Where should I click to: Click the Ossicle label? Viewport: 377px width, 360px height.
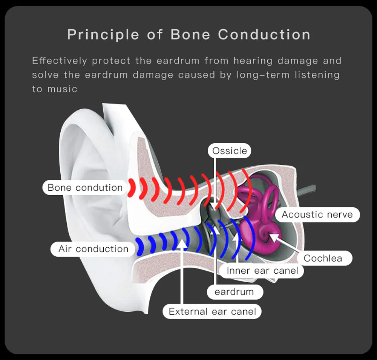click(x=230, y=151)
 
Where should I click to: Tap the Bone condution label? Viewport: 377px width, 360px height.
click(x=85, y=188)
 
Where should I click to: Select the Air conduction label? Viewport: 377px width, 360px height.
click(x=93, y=249)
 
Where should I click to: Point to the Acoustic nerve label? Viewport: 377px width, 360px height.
click(x=317, y=215)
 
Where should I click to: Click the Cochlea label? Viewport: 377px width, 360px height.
click(x=323, y=258)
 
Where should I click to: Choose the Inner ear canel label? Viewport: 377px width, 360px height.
click(x=262, y=270)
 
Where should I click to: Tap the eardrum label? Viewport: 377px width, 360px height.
click(x=234, y=292)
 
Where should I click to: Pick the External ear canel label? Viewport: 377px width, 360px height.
click(x=212, y=312)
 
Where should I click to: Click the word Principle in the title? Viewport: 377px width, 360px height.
click(x=103, y=35)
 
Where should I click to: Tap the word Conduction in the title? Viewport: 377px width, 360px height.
click(x=264, y=35)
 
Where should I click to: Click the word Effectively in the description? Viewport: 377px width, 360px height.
click(x=60, y=61)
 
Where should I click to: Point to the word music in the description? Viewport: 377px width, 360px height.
click(x=63, y=89)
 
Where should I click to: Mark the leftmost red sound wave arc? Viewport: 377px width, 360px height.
click(x=132, y=187)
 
